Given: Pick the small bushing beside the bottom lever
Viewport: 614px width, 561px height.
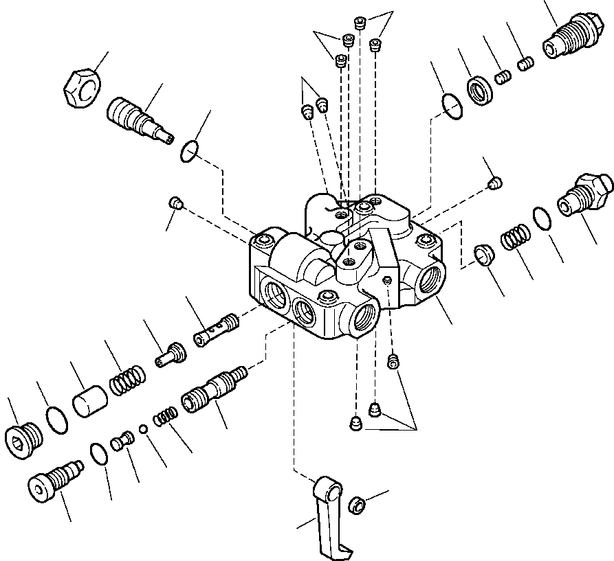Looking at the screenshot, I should click(x=357, y=505).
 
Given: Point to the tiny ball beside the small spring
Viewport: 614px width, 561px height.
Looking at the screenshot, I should click(x=143, y=429).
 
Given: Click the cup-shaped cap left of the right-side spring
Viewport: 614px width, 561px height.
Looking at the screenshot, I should click(x=485, y=254).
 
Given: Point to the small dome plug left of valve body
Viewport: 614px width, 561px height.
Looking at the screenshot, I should click(x=175, y=203).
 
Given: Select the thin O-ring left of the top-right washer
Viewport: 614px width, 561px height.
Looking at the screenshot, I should click(x=450, y=106).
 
